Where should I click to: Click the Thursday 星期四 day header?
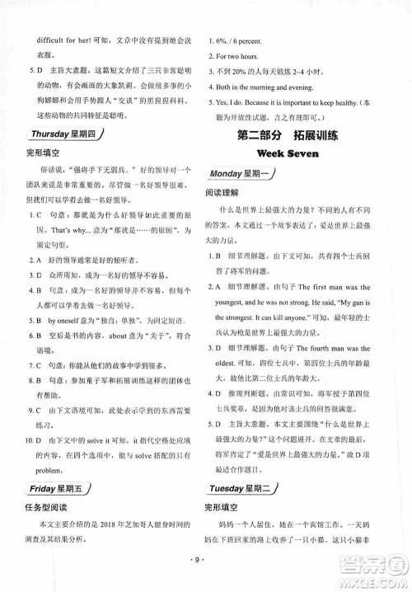tap(62, 134)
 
